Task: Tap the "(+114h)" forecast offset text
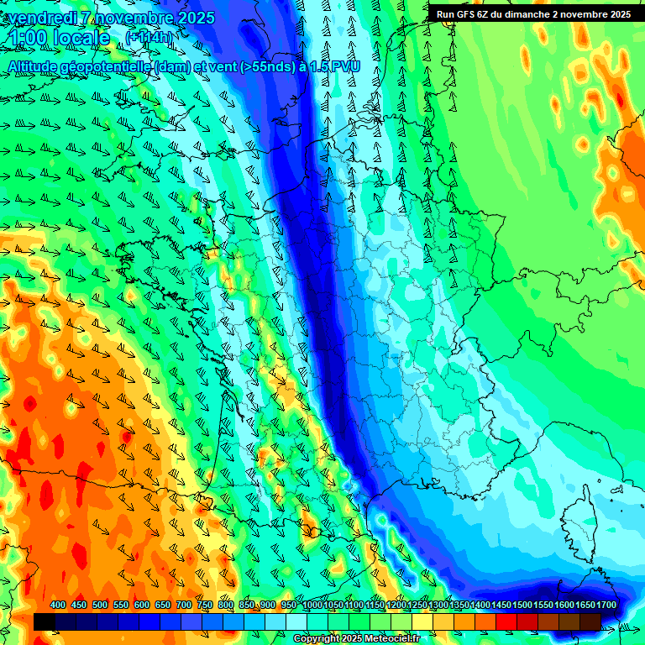(x=150, y=37)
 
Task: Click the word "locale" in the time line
(x=81, y=38)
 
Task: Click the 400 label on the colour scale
(x=58, y=606)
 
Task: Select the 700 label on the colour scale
(x=184, y=606)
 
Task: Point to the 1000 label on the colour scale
(x=312, y=606)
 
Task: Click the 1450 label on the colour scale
(x=501, y=606)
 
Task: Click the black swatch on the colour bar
(x=45, y=621)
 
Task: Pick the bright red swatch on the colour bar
(x=506, y=621)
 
